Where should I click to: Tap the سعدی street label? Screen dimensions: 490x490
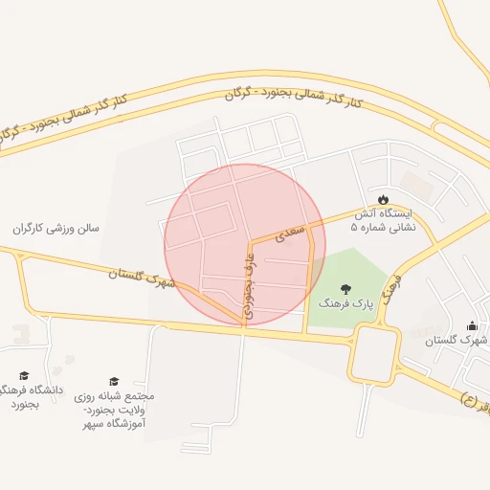pos(290,230)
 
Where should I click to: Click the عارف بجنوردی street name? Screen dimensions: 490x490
pos(251,284)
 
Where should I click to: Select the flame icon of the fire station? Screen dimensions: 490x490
pos(384,198)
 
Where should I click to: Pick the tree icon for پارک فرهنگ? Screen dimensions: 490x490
pos(345,288)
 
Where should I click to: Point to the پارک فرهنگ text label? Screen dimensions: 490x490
pos(345,303)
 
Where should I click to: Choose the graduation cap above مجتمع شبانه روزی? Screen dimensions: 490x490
pos(114,381)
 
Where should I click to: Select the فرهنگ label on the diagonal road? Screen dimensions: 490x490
pos(390,285)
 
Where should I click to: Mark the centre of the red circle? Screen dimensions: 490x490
pos(245,244)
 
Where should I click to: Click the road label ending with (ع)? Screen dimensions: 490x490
pos(477,397)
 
